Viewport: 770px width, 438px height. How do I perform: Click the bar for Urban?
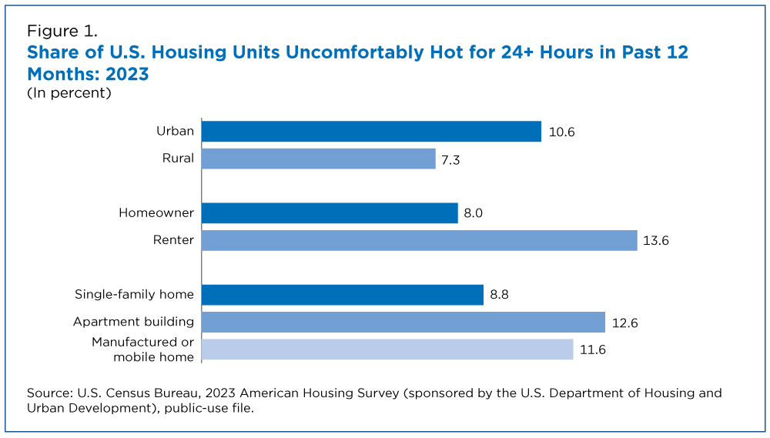point(371,132)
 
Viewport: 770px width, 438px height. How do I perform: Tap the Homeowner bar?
point(330,213)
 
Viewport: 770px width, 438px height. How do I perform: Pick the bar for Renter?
point(420,240)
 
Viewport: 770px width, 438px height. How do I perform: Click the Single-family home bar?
point(343,295)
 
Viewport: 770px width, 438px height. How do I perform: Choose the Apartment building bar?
point(403,322)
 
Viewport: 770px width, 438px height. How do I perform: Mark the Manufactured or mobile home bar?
point(387,349)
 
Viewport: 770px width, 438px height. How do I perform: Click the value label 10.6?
point(561,132)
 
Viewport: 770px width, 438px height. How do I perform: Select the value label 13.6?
point(656,240)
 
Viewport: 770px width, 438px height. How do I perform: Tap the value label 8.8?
point(499,295)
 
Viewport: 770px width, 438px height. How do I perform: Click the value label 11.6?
point(592,349)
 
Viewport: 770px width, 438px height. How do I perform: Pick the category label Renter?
point(173,240)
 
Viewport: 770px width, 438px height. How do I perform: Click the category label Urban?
point(175,132)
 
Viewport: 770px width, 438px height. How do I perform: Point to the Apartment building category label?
point(133,322)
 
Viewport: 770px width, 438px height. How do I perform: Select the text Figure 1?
point(62,32)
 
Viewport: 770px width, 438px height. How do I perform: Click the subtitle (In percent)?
point(69,93)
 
